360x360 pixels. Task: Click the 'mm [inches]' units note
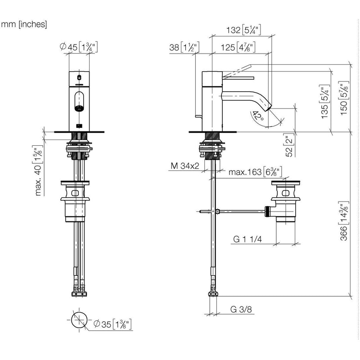[x=24, y=24]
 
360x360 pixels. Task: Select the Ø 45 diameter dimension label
[x=79, y=47]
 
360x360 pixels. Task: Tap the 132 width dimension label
[x=243, y=30]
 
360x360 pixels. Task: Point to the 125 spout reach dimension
[x=238, y=47]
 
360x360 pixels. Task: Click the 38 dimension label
[x=184, y=47]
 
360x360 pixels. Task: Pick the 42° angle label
[x=258, y=116]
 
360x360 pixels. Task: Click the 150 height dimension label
[x=344, y=98]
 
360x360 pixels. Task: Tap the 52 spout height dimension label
[x=289, y=145]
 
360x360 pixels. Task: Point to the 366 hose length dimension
[x=344, y=221]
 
